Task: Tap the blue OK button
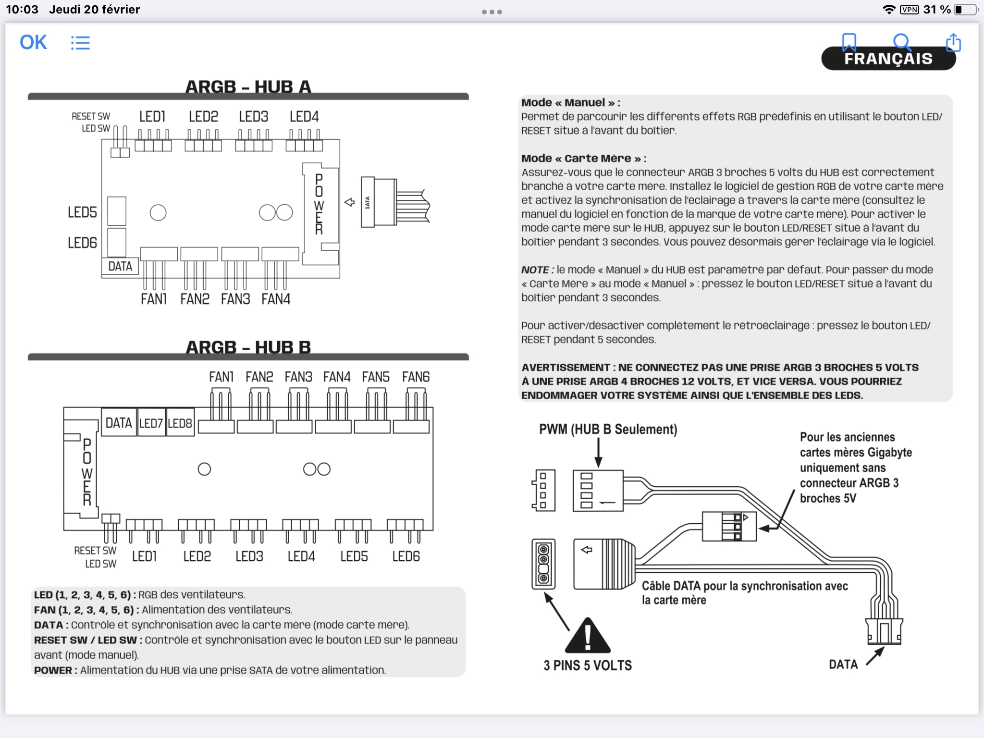(33, 42)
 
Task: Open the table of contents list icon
(80, 43)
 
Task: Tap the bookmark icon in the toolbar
(849, 42)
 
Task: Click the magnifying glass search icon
(902, 42)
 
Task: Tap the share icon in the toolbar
(953, 43)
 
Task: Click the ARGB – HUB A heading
(248, 87)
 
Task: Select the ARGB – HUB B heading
(248, 347)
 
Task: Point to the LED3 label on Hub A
(254, 117)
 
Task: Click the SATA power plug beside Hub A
(379, 202)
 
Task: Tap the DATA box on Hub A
(120, 266)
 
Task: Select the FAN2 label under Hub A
(195, 299)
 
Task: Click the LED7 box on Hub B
(151, 423)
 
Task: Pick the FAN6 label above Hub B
(416, 377)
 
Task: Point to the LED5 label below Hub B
(354, 556)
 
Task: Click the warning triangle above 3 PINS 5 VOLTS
(588, 637)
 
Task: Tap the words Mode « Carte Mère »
(584, 159)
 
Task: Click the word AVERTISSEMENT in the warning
(566, 368)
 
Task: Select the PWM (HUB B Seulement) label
(608, 429)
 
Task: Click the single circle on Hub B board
(204, 469)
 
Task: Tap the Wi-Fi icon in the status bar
(889, 10)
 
